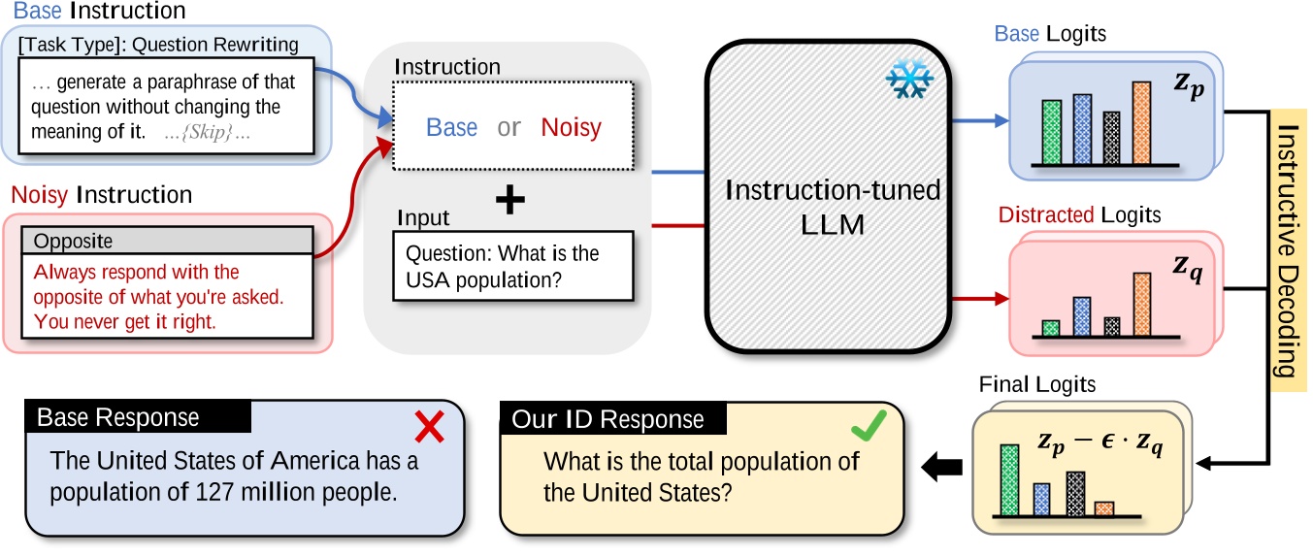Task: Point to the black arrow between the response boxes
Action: tap(941, 468)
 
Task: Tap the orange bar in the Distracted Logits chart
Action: tap(1141, 304)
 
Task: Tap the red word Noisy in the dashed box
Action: tap(571, 127)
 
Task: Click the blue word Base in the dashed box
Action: tap(451, 127)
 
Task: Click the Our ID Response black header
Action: tap(607, 419)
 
